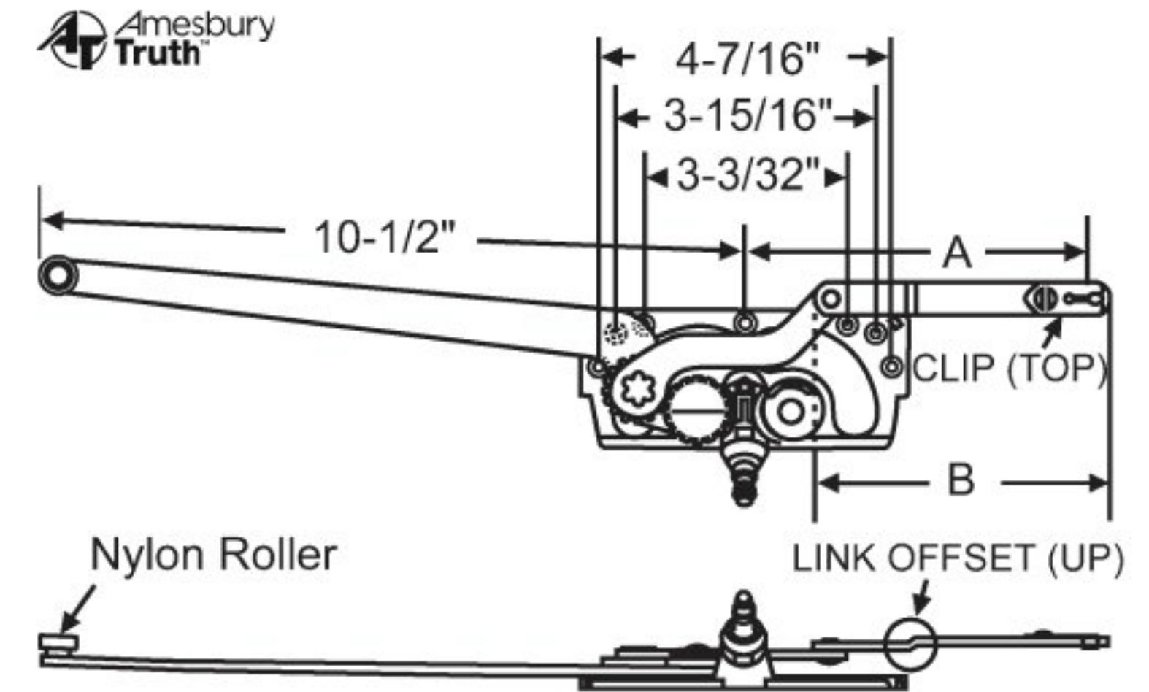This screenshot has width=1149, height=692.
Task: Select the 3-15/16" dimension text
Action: pyautogui.click(x=747, y=115)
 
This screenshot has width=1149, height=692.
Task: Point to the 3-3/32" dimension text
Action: pyautogui.click(x=749, y=175)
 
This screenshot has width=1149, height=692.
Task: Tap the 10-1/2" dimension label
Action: pyautogui.click(x=383, y=237)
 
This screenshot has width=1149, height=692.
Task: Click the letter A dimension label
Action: pyautogui.click(x=957, y=253)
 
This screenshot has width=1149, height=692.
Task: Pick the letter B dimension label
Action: pyautogui.click(x=960, y=481)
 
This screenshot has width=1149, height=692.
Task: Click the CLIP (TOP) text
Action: pyautogui.click(x=1010, y=368)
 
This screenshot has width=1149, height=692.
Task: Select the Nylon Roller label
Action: pyautogui.click(x=213, y=555)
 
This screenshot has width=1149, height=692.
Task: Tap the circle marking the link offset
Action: pyautogui.click(x=910, y=643)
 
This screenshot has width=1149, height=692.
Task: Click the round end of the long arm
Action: pyautogui.click(x=58, y=275)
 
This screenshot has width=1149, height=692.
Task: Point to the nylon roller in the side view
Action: pyautogui.click(x=58, y=642)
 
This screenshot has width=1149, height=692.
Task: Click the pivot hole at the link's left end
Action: pyautogui.click(x=830, y=298)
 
